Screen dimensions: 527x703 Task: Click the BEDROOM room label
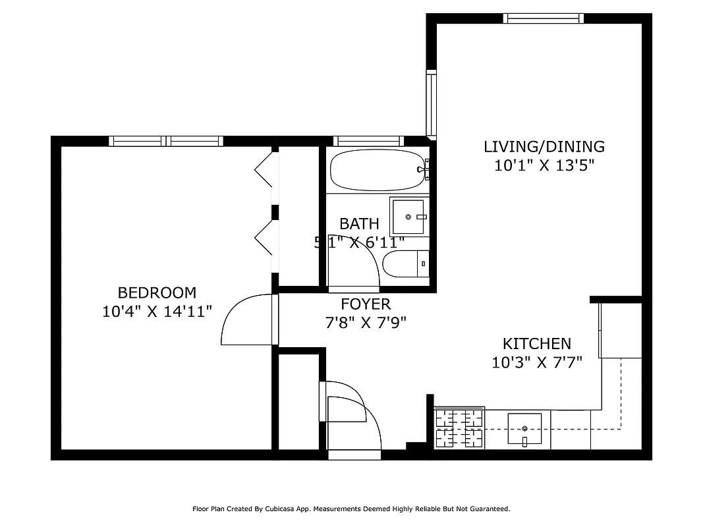click(x=157, y=292)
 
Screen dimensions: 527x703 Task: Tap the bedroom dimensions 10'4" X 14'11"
click(x=157, y=312)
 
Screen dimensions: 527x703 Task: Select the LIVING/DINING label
click(x=544, y=146)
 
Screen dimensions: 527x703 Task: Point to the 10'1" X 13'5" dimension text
click(x=544, y=165)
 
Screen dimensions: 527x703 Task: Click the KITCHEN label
click(x=536, y=343)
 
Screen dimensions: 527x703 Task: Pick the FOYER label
click(x=366, y=304)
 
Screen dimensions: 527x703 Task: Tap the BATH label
click(x=359, y=223)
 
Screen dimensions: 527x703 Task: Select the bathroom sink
click(x=409, y=217)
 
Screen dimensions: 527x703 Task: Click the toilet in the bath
click(x=406, y=265)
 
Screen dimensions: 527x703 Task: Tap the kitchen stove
click(x=459, y=428)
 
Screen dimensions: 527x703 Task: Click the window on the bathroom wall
click(x=368, y=140)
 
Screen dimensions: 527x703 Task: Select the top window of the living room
click(x=543, y=18)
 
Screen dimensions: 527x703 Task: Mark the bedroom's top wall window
click(x=166, y=140)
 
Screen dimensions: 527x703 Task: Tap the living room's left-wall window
click(x=431, y=103)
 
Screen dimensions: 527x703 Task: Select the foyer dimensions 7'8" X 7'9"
click(x=366, y=323)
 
